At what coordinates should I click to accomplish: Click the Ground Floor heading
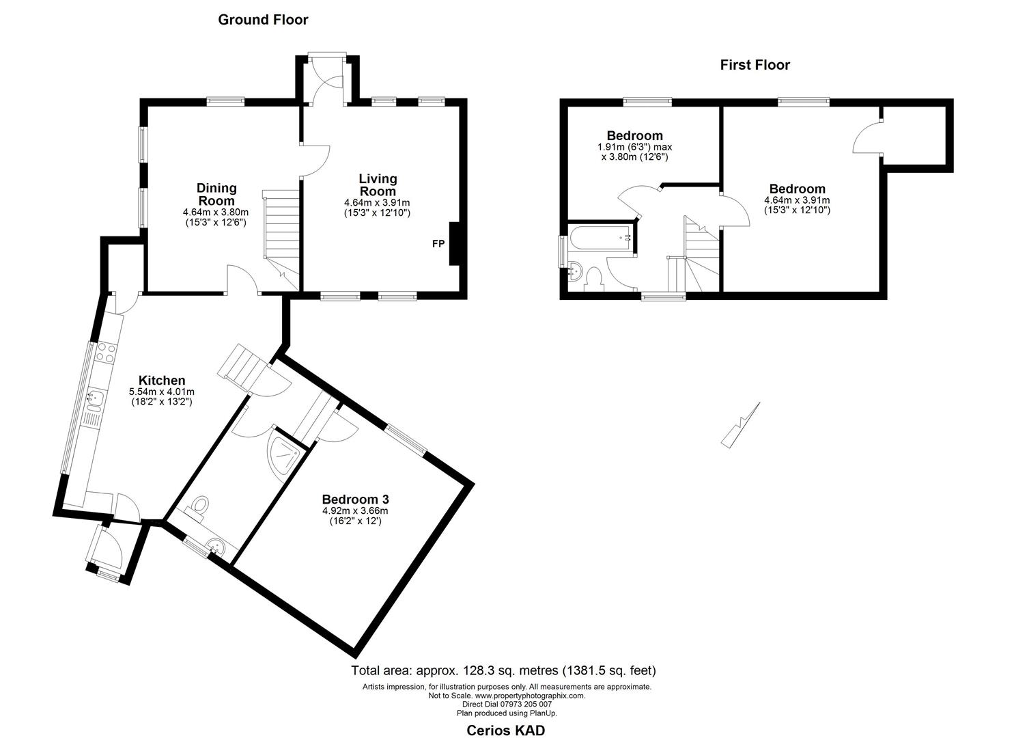click(263, 20)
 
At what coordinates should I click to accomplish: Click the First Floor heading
click(755, 65)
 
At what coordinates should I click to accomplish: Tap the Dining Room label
click(216, 194)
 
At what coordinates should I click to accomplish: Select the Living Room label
click(378, 184)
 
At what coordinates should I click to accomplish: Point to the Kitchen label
click(162, 381)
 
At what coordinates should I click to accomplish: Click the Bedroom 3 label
click(355, 500)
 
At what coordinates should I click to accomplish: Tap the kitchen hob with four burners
click(106, 353)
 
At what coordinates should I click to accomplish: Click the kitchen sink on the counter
click(94, 396)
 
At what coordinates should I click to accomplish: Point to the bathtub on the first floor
click(602, 239)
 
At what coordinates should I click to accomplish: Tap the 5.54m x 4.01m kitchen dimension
click(162, 392)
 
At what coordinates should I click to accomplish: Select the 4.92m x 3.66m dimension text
click(355, 510)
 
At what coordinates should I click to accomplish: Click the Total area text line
click(503, 670)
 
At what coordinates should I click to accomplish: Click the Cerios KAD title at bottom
click(505, 730)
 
